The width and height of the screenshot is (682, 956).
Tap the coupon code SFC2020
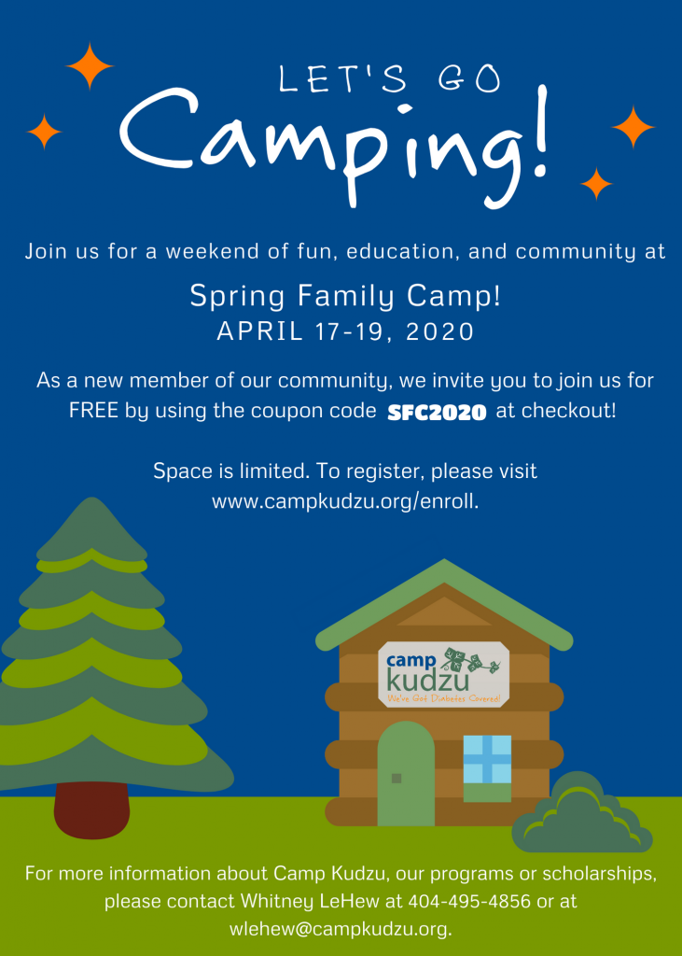tap(437, 413)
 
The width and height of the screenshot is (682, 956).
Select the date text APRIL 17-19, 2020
tap(345, 331)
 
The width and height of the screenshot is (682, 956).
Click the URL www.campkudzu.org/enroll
tap(345, 501)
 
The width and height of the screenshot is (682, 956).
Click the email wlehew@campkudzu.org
tap(341, 929)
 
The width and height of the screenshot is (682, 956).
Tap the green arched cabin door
tap(406, 774)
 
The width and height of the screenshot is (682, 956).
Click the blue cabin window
tap(487, 759)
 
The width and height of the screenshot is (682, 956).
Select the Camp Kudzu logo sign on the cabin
tap(444, 674)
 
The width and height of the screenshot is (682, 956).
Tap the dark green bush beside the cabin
tap(581, 814)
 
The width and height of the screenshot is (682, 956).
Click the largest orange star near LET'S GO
tap(90, 66)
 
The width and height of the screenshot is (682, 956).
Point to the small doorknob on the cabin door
tap(397, 778)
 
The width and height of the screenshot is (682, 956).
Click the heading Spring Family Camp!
tap(345, 296)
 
